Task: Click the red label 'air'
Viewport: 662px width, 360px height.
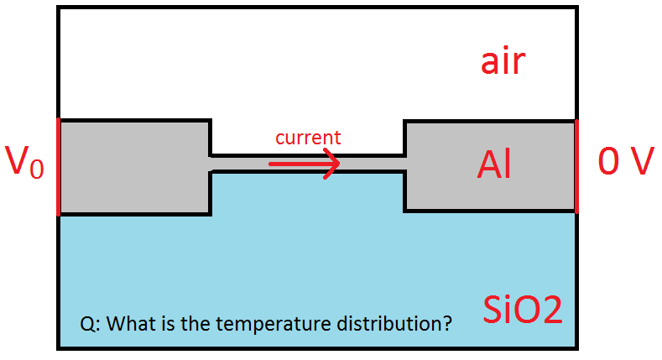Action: tap(503, 61)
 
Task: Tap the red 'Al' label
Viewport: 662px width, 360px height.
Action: tap(494, 164)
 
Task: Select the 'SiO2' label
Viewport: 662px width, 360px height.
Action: tap(523, 310)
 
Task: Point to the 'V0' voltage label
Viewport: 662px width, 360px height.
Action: tap(24, 161)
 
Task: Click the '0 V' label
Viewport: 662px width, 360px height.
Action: tap(626, 161)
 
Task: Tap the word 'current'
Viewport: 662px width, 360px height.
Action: tap(308, 138)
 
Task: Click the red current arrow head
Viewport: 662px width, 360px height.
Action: tap(332, 164)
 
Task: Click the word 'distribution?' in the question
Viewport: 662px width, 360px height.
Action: tap(394, 323)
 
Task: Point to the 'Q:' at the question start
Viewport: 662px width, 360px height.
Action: tap(90, 324)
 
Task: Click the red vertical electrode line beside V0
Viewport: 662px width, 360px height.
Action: tap(58, 167)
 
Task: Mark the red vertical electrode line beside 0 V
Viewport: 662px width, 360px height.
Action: tap(576, 166)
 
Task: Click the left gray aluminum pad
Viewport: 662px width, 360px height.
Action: tap(135, 168)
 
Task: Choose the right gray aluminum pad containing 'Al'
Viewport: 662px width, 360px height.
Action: tap(490, 166)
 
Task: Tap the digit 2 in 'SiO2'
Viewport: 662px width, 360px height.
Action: tap(550, 310)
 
